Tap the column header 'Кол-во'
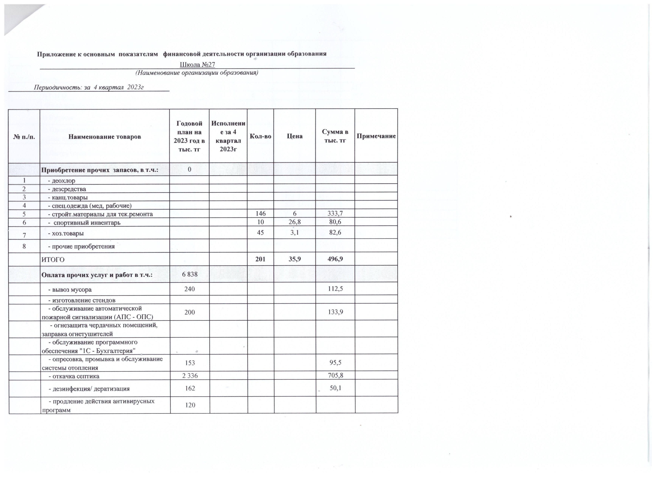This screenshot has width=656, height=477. coord(260,136)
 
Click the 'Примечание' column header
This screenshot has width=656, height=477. coord(376,136)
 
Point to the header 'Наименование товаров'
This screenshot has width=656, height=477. coord(104,136)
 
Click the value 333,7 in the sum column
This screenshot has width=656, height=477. coord(335,214)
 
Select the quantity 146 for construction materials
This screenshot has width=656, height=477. coord(260,214)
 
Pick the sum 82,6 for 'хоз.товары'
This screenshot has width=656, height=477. coord(335,232)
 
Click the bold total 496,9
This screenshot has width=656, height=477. coord(335,259)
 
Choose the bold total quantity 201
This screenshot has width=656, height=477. coord(260,259)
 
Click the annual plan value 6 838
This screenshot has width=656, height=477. coord(190,274)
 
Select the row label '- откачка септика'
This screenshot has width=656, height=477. coord(74,376)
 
